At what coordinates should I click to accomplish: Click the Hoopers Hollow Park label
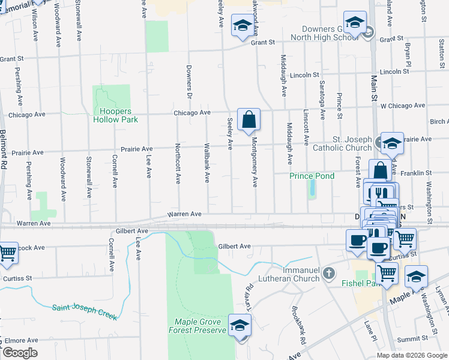[116, 115]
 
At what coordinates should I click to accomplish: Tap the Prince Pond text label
[309, 176]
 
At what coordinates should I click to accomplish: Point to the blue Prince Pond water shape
[312, 190]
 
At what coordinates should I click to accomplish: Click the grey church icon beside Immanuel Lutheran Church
[328, 274]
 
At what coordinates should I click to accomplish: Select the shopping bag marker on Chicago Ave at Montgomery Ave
[249, 119]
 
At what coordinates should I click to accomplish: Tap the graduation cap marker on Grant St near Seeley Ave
[242, 26]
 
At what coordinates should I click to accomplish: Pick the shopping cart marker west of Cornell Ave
[7, 253]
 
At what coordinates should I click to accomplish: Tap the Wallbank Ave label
[206, 163]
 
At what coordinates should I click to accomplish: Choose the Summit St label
[415, 339]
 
